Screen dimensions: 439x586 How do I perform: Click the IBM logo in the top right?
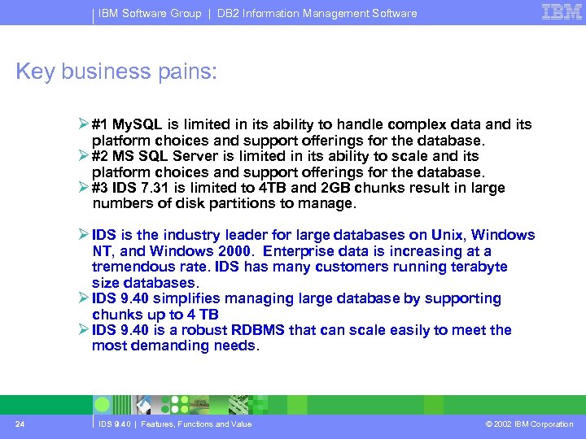pos(562,11)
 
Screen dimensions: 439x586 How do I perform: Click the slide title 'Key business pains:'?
pos(117,72)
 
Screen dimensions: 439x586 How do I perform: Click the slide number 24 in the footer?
pos(19,424)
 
